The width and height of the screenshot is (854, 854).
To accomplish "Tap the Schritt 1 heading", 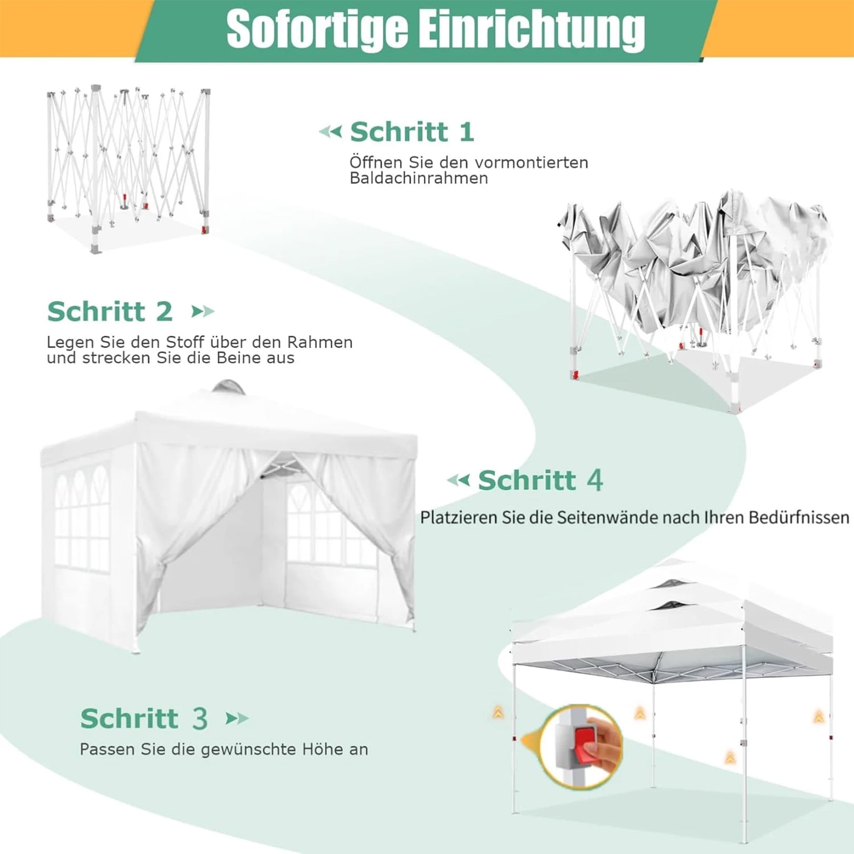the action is click(x=412, y=131).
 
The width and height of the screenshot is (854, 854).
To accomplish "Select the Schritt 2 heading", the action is click(x=110, y=311).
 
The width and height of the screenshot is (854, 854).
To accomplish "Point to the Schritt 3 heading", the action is click(x=144, y=718).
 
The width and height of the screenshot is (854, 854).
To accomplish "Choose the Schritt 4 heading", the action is click(x=540, y=480).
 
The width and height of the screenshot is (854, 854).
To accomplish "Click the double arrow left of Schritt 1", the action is click(x=331, y=131).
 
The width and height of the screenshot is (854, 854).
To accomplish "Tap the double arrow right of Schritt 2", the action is click(x=203, y=312).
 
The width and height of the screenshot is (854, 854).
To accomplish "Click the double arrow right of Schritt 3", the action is click(x=237, y=719).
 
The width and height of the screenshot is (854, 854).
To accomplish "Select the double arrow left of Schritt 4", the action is click(x=458, y=480).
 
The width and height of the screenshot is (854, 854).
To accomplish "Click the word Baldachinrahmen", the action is click(x=419, y=178).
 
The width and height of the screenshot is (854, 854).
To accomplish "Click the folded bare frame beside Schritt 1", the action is click(x=128, y=169).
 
